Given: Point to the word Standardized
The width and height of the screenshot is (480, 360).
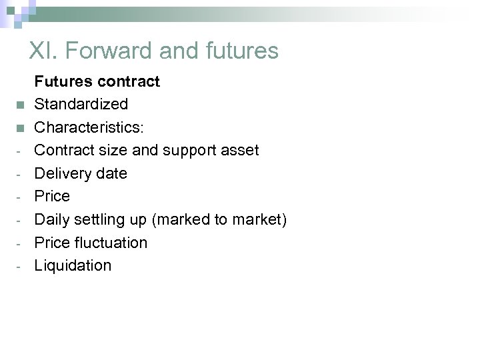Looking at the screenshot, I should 81,105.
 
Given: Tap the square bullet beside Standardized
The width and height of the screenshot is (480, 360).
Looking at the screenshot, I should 21,105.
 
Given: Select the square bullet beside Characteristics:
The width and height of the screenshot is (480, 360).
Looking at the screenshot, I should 21,128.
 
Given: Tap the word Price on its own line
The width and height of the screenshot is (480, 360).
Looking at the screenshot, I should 52,196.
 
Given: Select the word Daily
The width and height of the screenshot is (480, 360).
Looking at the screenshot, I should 53,219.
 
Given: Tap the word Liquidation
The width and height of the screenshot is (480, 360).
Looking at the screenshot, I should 73,265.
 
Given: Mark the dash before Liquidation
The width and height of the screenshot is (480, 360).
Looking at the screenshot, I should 19,266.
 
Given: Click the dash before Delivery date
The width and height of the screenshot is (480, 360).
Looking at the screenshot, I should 19,174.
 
